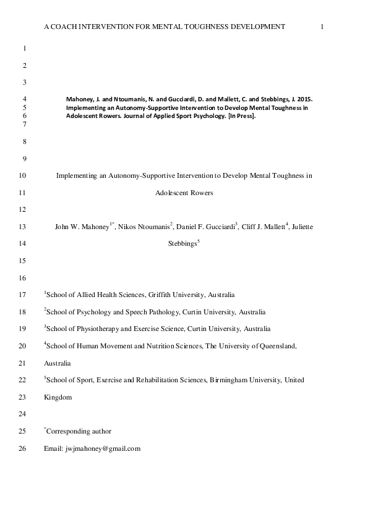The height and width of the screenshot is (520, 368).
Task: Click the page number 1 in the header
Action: pyautogui.click(x=323, y=27)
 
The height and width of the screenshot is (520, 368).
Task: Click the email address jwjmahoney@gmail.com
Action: pyautogui.click(x=103, y=448)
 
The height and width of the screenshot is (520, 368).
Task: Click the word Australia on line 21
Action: pyautogui.click(x=58, y=363)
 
